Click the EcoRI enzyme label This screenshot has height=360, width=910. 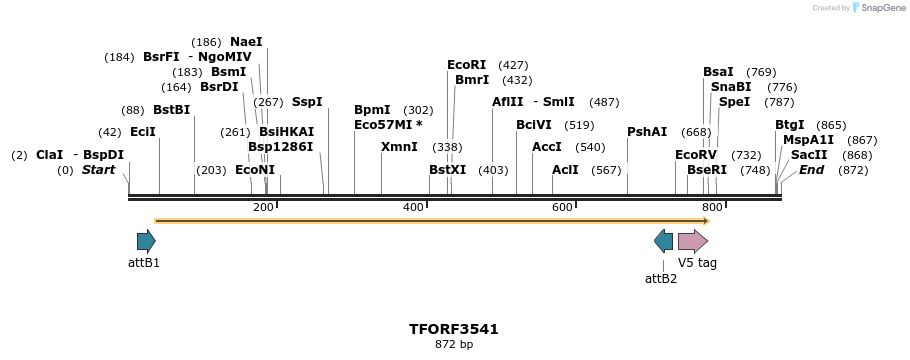click(466, 65)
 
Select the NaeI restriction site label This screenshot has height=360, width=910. click(246, 42)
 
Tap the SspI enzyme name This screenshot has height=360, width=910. click(307, 102)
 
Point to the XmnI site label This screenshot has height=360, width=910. click(399, 147)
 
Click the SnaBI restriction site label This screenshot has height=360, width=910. click(731, 87)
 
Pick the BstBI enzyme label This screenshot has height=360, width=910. click(171, 110)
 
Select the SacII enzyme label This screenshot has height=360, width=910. click(809, 155)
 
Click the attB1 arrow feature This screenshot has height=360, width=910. click(146, 241)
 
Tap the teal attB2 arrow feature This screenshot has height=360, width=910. click(663, 241)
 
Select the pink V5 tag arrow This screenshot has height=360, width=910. click(692, 241)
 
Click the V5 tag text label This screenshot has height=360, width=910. click(697, 263)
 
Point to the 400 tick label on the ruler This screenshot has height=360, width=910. click(413, 207)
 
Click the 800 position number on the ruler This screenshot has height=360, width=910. click(712, 207)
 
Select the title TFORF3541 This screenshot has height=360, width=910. click(454, 329)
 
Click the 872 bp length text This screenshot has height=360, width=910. click(454, 345)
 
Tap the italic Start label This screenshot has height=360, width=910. click(99, 170)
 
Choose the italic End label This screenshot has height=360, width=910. click(811, 170)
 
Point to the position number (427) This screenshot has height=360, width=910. click(513, 65)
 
